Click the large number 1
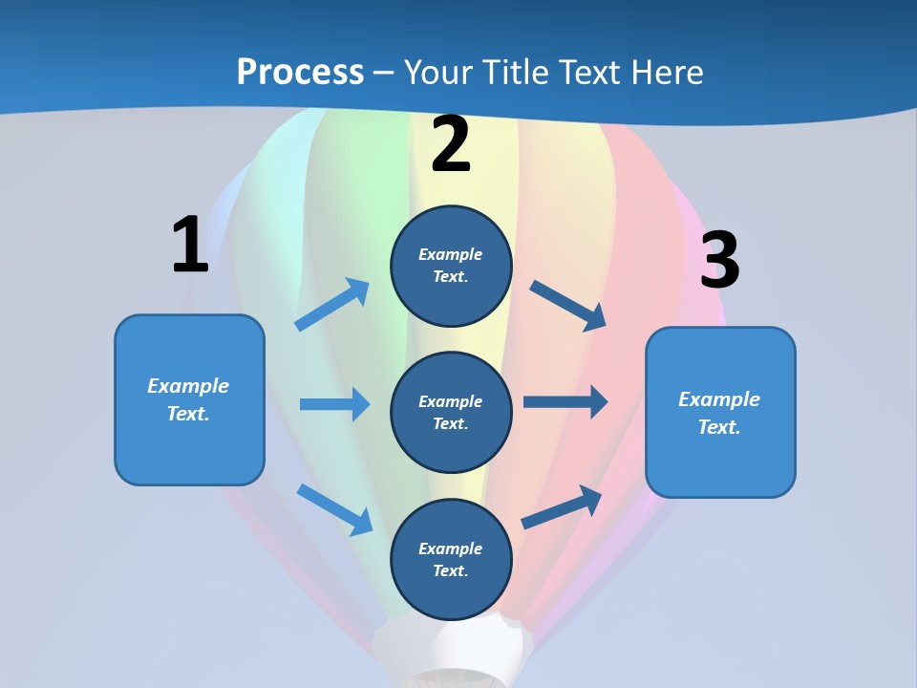coord(190,246)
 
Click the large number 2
coord(451,145)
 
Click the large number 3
coord(719,261)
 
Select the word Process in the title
coord(300,72)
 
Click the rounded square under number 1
coord(189,399)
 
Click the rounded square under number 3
coord(720,412)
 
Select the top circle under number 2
coord(451,266)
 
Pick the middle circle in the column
coord(451,412)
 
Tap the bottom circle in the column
coord(451,559)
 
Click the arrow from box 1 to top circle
coord(332,305)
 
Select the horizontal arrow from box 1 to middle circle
coord(334,404)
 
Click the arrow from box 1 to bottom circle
coord(334,509)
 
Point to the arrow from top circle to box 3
coord(567,306)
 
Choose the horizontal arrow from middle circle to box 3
coord(565,402)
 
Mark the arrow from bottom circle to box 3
coord(562,507)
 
